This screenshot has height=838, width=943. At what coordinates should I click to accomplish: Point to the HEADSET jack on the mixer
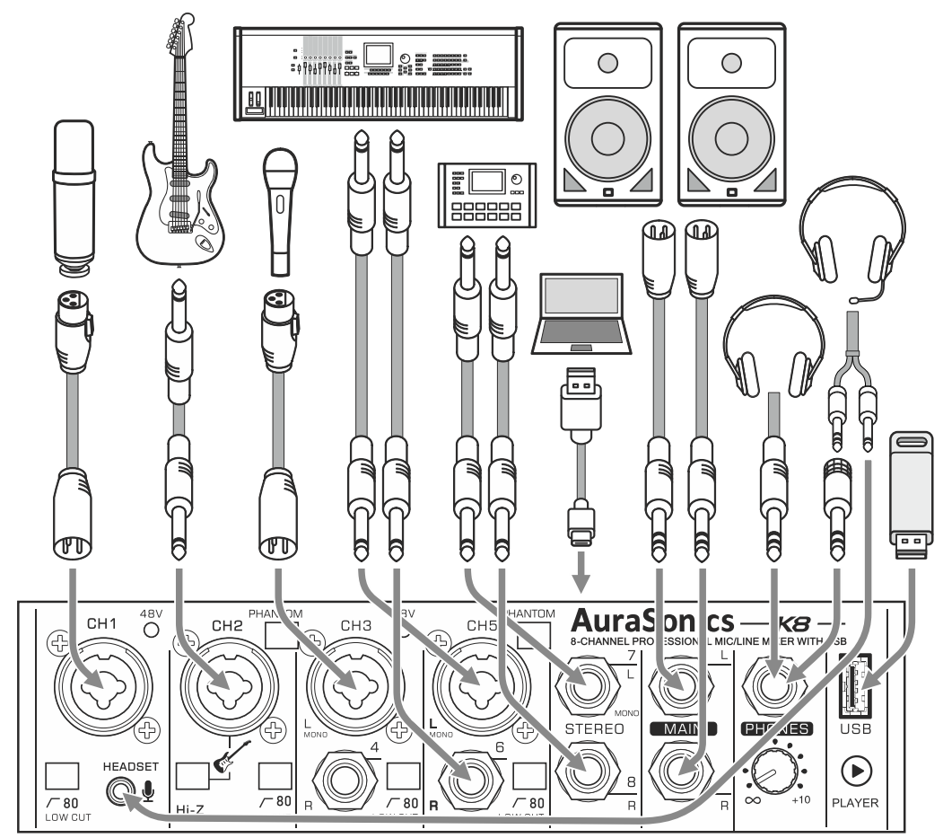(117, 789)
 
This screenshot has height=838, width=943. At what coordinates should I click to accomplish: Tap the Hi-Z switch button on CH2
(191, 774)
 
